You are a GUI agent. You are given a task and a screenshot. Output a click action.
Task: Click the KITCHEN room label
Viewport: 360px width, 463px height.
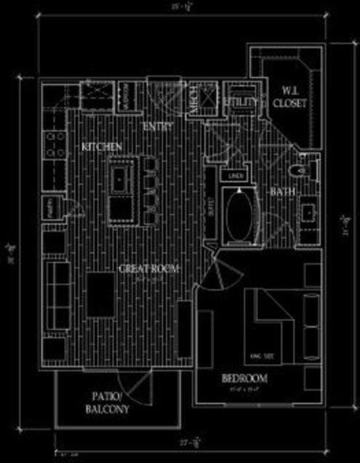101,147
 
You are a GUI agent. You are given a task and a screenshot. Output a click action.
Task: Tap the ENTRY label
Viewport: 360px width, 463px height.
159,127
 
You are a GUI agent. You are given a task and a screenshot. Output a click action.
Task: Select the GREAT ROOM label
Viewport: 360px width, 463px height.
148,268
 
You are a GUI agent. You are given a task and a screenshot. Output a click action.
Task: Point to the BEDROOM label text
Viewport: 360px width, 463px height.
244,378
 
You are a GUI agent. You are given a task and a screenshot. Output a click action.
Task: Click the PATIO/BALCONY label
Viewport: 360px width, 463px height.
111,403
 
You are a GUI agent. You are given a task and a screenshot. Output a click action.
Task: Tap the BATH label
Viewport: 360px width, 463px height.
281,192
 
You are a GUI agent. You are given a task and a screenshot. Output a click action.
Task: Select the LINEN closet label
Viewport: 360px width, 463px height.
235,175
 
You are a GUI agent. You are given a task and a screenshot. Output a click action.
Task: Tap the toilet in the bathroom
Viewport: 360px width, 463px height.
298,172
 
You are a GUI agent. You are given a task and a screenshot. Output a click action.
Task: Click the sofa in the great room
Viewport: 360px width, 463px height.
57,298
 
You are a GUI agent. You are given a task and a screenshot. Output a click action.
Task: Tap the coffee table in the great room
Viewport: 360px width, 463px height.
101,294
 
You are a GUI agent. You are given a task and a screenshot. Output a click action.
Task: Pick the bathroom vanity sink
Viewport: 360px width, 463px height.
308,212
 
